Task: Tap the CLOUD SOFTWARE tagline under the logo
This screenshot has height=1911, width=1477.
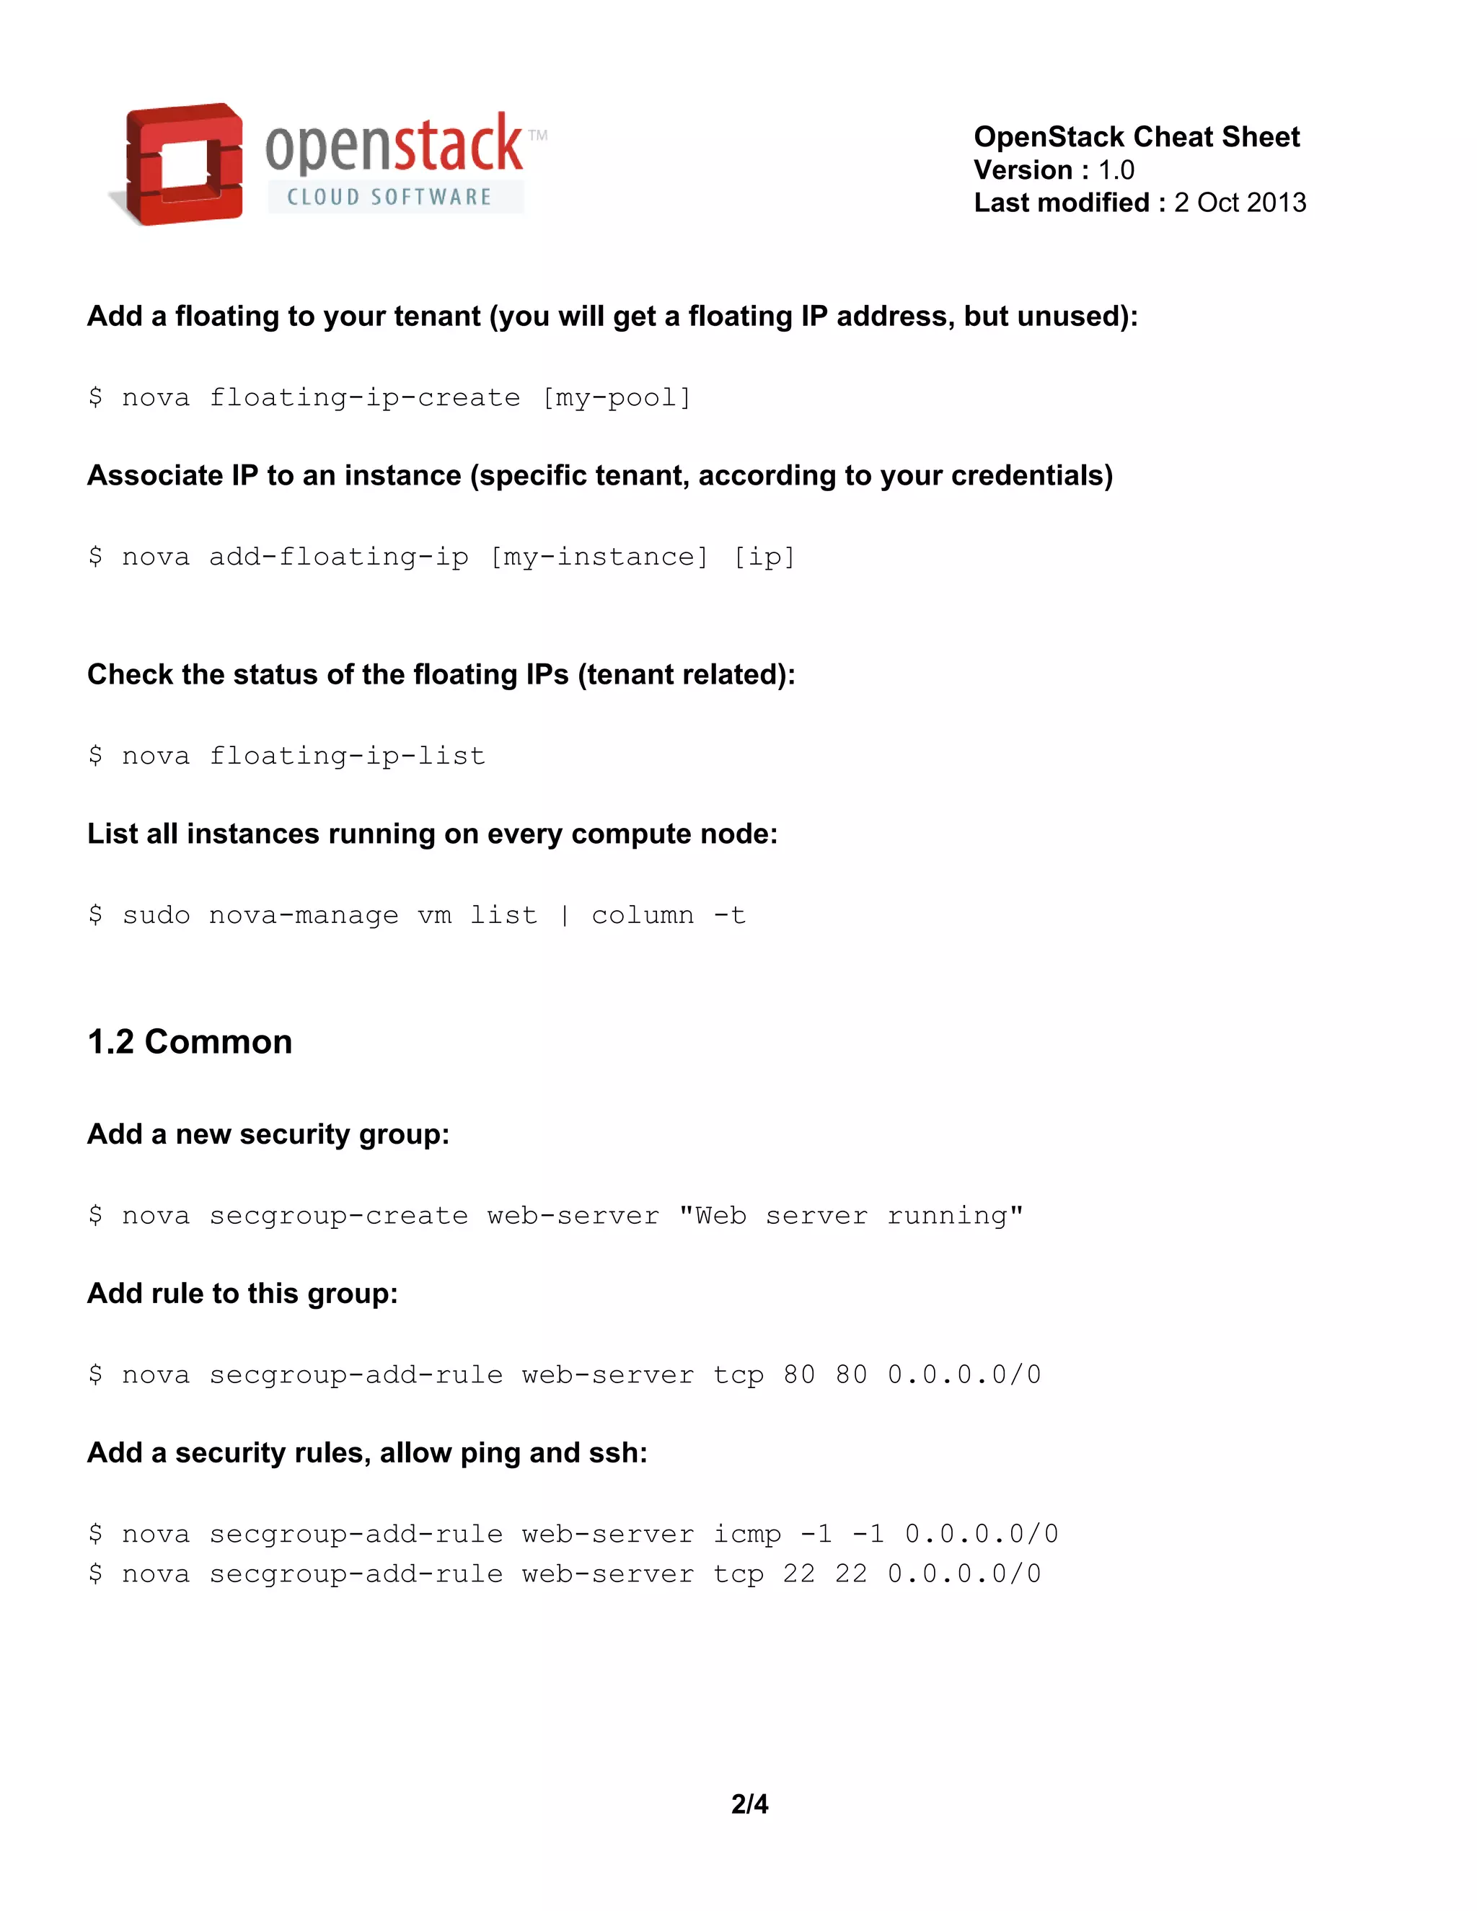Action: coord(389,197)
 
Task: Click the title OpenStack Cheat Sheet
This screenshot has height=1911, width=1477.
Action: coord(1136,136)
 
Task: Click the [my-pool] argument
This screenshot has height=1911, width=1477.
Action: coord(617,398)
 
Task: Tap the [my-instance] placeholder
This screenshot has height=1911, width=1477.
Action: coord(599,557)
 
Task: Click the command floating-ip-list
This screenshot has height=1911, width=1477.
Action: coord(348,756)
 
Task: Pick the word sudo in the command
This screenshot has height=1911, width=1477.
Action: coord(156,915)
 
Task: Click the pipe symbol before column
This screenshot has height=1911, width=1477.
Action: coord(565,915)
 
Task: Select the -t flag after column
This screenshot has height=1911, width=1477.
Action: coord(730,915)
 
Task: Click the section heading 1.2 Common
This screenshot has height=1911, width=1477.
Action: coord(190,1041)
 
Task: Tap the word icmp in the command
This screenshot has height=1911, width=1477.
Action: coord(746,1535)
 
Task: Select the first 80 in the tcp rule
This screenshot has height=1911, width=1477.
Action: coord(799,1375)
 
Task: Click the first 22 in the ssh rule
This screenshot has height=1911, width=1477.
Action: coord(799,1575)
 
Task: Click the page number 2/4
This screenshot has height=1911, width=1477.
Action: coord(750,1804)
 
